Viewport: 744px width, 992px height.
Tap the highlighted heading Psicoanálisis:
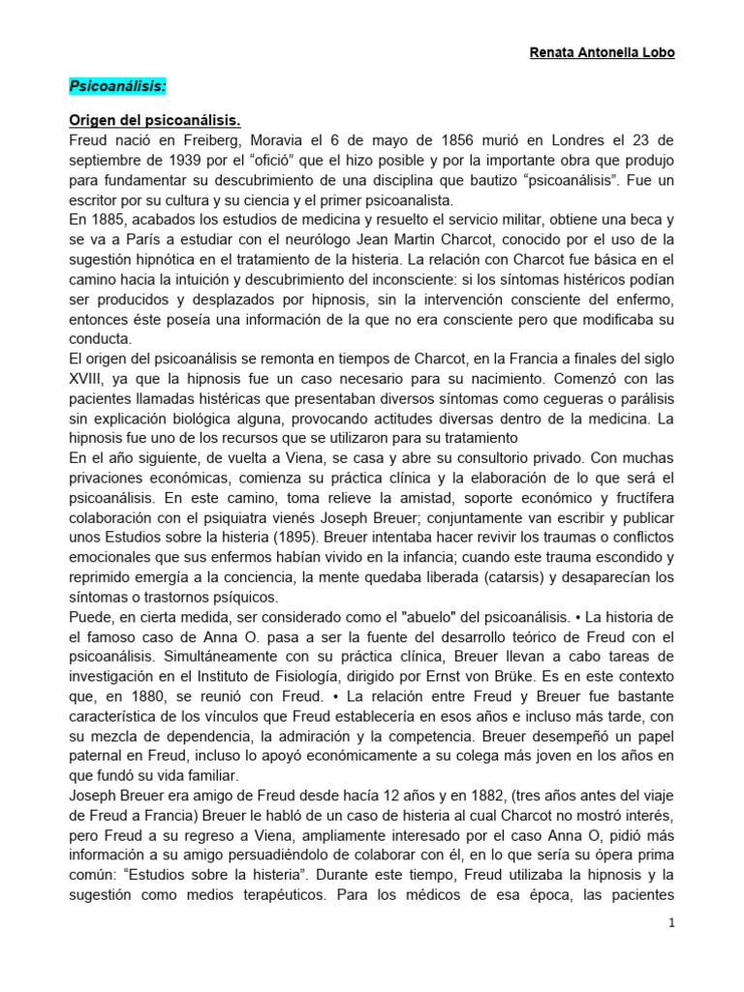[118, 87]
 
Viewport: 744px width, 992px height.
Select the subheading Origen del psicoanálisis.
[154, 120]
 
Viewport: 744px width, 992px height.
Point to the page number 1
[669, 923]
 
